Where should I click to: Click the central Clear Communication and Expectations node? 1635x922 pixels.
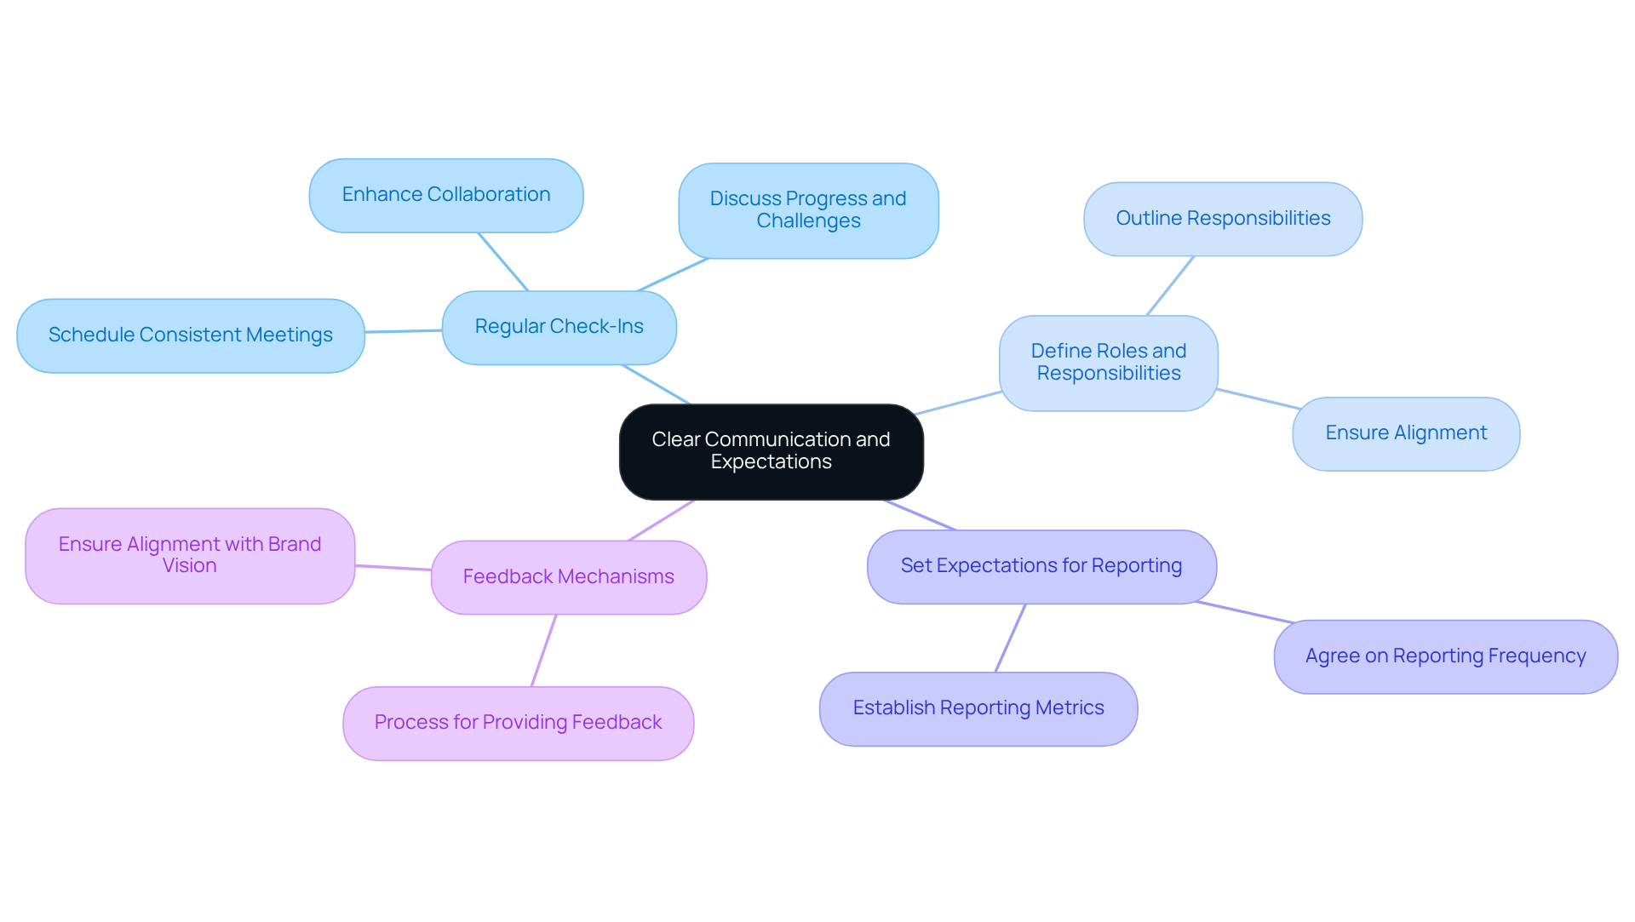pyautogui.click(x=771, y=451)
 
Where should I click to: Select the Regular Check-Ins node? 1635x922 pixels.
pyautogui.click(x=559, y=327)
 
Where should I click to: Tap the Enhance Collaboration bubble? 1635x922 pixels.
pyautogui.click(x=445, y=195)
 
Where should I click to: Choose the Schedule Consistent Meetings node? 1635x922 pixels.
pyautogui.click(x=190, y=335)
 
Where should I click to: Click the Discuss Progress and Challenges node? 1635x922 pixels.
pyautogui.click(x=808, y=210)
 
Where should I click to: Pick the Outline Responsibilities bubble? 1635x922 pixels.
pyautogui.click(x=1222, y=219)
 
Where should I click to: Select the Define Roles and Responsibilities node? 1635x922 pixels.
pyautogui.click(x=1108, y=363)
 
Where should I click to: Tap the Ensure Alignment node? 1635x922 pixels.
pyautogui.click(x=1405, y=433)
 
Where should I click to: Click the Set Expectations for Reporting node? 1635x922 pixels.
pyautogui.click(x=1041, y=566)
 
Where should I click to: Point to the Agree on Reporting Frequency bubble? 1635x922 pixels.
pyautogui.click(x=1445, y=656)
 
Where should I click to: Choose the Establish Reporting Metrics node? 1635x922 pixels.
pyautogui.click(x=978, y=708)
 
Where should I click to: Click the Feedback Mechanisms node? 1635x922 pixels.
pyautogui.click(x=568, y=577)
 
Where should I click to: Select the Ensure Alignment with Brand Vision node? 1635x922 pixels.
pyautogui.click(x=189, y=555)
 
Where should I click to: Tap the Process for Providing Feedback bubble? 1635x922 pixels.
pyautogui.click(x=518, y=723)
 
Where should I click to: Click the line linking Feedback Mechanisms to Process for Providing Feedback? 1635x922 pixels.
pyautogui.click(x=543, y=650)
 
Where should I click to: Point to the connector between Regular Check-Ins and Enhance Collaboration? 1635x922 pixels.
pyautogui.click(x=503, y=261)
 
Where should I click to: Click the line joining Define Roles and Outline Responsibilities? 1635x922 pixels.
pyautogui.click(x=1170, y=286)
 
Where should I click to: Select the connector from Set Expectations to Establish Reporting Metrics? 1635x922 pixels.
pyautogui.click(x=1010, y=639)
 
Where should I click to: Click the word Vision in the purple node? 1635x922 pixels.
pyautogui.click(x=189, y=566)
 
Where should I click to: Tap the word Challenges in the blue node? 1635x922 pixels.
pyautogui.click(x=808, y=221)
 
